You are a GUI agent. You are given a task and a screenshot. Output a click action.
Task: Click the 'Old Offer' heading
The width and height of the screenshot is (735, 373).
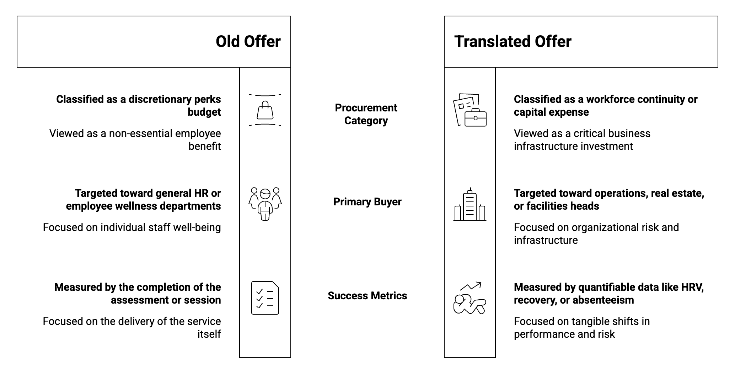(x=248, y=42)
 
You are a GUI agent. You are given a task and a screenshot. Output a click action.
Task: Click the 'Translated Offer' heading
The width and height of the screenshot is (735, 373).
(x=513, y=42)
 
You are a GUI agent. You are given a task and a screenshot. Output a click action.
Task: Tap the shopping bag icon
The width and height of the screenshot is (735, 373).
(x=265, y=110)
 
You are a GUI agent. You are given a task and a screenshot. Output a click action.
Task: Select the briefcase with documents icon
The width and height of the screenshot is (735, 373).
(x=470, y=110)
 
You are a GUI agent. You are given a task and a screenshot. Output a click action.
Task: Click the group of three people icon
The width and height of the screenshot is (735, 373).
(x=265, y=204)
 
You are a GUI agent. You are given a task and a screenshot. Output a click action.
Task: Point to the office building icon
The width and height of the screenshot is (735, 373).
(x=470, y=204)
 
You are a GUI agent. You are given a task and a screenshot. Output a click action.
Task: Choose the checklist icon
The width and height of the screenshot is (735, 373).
(x=265, y=298)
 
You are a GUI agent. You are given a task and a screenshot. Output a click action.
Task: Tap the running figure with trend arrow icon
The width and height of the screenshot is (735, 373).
(x=470, y=298)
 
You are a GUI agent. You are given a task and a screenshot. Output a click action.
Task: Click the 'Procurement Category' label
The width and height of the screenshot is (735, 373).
(x=366, y=114)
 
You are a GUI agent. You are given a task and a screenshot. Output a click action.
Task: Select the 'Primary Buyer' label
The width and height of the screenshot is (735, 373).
(x=367, y=202)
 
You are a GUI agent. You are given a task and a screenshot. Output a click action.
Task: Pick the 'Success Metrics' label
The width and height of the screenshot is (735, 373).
(x=367, y=296)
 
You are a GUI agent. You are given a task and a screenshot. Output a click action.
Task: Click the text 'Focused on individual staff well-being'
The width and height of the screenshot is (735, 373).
(x=132, y=227)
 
